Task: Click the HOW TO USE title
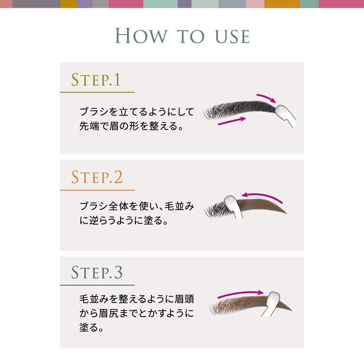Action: [182, 35]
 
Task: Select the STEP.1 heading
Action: [96, 80]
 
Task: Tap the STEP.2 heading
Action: [97, 177]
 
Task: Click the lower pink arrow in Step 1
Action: [233, 121]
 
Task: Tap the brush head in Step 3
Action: [273, 300]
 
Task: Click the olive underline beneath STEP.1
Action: [97, 92]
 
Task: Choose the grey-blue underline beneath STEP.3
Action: [97, 285]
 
